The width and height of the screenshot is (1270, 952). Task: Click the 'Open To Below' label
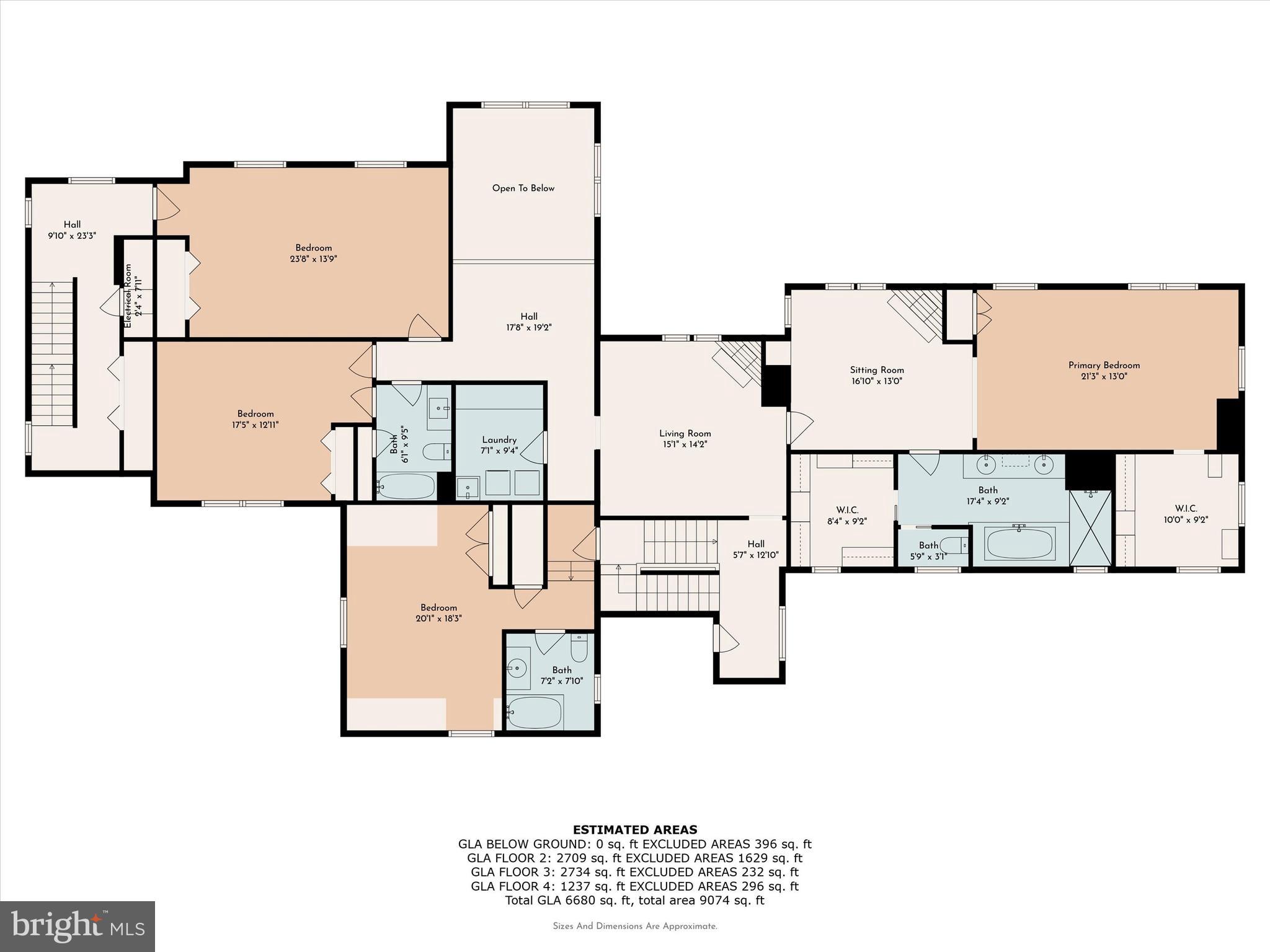pyautogui.click(x=523, y=188)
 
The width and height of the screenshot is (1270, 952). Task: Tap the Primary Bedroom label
pyautogui.click(x=1104, y=366)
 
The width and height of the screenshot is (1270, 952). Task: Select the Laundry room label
pyautogui.click(x=499, y=440)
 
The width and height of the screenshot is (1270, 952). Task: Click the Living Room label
pyautogui.click(x=685, y=434)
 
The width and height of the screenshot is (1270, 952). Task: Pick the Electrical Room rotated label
pyautogui.click(x=128, y=296)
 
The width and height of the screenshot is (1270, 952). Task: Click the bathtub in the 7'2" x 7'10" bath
pyautogui.click(x=535, y=713)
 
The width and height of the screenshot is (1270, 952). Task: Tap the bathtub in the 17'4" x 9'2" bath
pyautogui.click(x=1019, y=544)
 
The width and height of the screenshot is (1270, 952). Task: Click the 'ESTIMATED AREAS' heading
pyautogui.click(x=634, y=830)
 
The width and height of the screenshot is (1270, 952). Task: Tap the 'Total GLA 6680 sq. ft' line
pyautogui.click(x=634, y=901)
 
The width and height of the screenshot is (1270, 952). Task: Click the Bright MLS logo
pyautogui.click(x=78, y=927)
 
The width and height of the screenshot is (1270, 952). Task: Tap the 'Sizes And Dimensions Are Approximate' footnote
pyautogui.click(x=634, y=927)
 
